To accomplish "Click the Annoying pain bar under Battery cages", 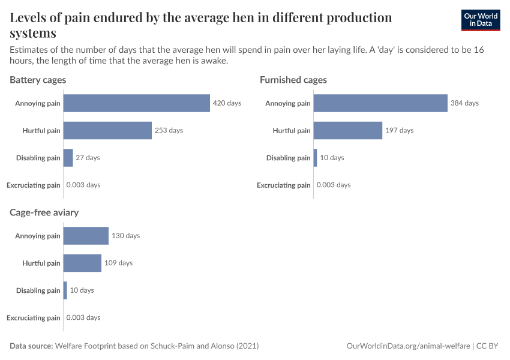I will pos(136,103).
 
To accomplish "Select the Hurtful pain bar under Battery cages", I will pos(107,130).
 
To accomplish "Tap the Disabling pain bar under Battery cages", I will pos(68,158).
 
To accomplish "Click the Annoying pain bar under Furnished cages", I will pos(380,103).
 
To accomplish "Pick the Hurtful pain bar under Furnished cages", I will pos(347,130).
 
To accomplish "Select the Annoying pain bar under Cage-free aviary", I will pos(86,236).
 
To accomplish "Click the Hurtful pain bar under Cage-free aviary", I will pos(82,263).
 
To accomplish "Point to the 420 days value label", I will pos(227,103).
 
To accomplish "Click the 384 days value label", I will pos(464,103).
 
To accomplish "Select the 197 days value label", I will pos(399,130).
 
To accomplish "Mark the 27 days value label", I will pos(88,158).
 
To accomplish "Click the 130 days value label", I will pos(125,236).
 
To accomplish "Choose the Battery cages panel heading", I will pos(38,80).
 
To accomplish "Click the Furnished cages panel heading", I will pos(293,80).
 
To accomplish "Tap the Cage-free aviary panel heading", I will pos(44,212).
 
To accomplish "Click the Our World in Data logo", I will pos(480,20).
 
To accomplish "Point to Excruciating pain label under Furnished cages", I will pos(284,185).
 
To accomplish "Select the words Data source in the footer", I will pos(31,346).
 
